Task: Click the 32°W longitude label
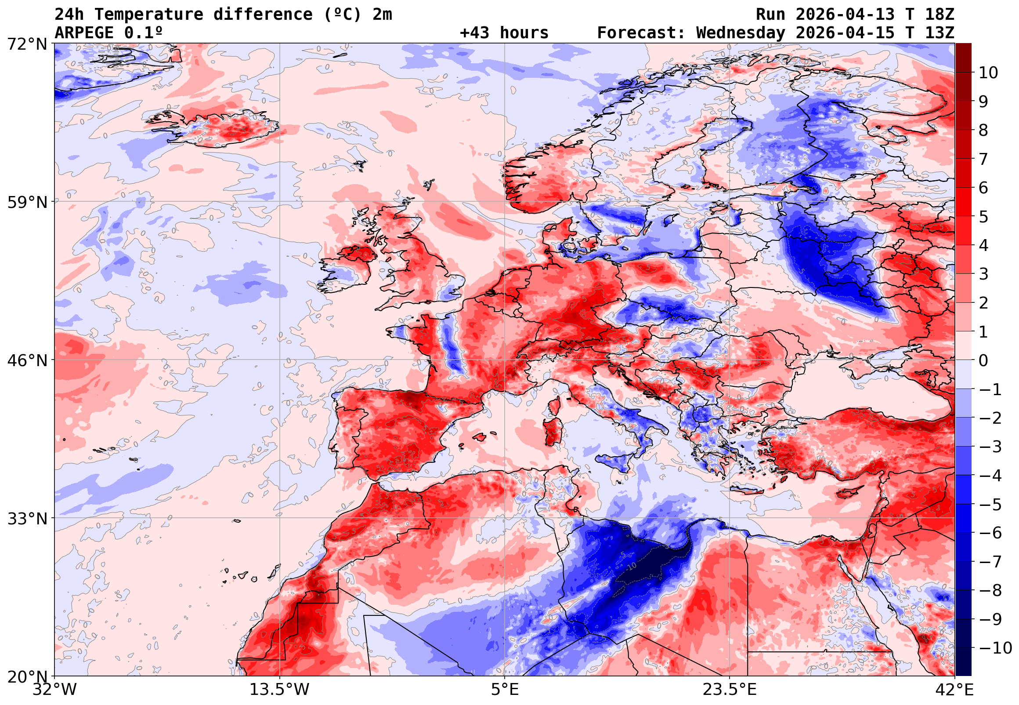[54, 690]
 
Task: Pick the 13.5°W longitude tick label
[279, 690]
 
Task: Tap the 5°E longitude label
[504, 690]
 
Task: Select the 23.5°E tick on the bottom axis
[730, 690]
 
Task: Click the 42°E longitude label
[954, 690]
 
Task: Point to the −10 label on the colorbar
[995, 648]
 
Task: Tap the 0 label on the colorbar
[983, 360]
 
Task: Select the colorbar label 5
[983, 217]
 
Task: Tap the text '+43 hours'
[504, 33]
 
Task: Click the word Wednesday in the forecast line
[741, 33]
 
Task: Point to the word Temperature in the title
[149, 15]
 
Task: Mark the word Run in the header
[770, 15]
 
